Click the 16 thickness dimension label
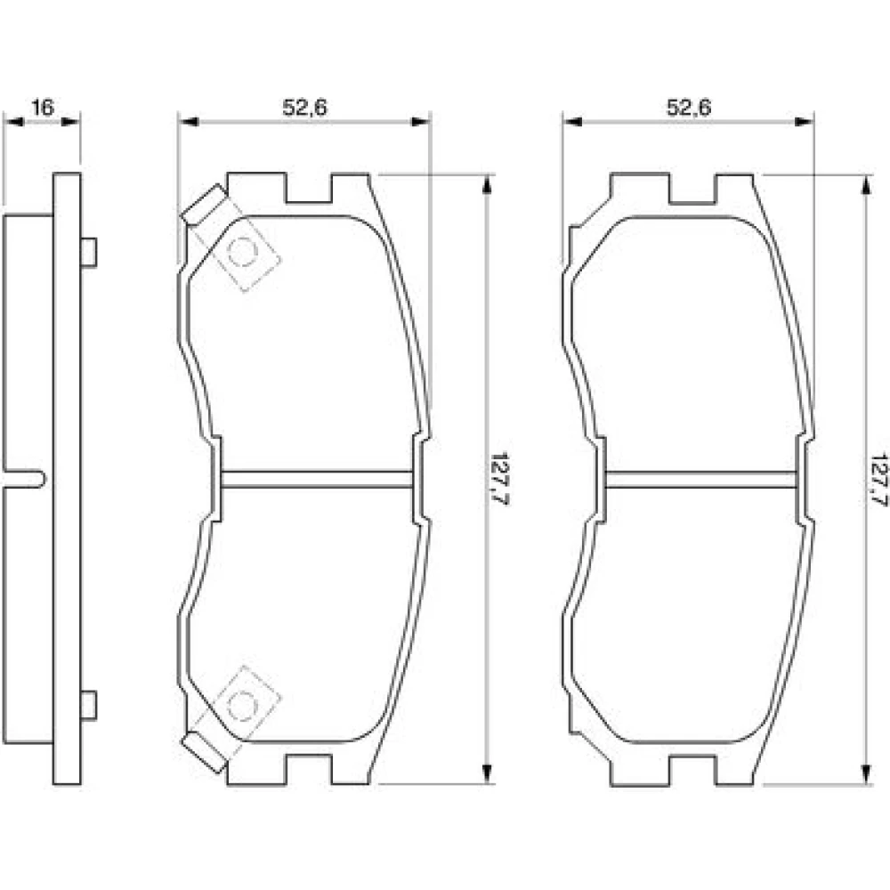click(x=42, y=107)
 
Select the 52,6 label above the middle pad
click(x=304, y=108)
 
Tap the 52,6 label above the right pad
click(x=689, y=108)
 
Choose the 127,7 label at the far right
click(x=879, y=479)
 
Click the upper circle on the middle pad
click(x=242, y=252)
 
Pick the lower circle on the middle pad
click(x=242, y=706)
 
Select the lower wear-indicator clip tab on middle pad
click(x=204, y=753)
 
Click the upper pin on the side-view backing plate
click(x=88, y=252)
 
